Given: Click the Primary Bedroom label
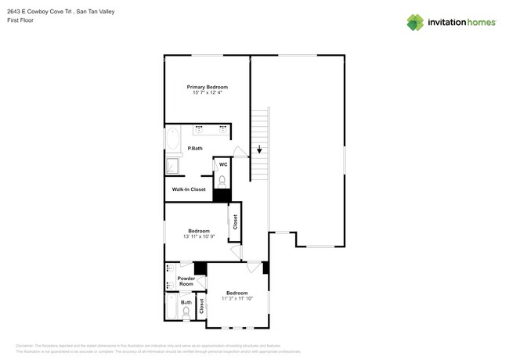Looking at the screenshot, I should (207, 87).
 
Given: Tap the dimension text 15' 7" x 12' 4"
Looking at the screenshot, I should (207, 93).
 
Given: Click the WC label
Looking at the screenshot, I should (223, 164).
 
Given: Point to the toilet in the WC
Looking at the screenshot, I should (222, 181).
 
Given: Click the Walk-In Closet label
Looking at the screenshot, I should (189, 189).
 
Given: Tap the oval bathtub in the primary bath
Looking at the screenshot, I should (173, 142).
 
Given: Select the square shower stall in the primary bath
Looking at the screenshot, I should (172, 166).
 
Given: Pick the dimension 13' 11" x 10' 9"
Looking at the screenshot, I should (198, 236).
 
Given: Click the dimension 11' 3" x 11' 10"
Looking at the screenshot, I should (237, 298).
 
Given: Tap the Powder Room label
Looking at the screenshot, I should (186, 281).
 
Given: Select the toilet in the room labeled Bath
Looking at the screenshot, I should (186, 313).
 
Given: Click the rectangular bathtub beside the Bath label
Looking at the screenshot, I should (171, 307).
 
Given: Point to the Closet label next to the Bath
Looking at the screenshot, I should (201, 306).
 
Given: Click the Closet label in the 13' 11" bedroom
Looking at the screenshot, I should (235, 222).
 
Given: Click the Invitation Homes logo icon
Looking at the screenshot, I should (415, 22).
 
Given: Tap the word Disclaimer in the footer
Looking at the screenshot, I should (27, 345).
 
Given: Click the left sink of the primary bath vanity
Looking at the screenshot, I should (198, 129).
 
